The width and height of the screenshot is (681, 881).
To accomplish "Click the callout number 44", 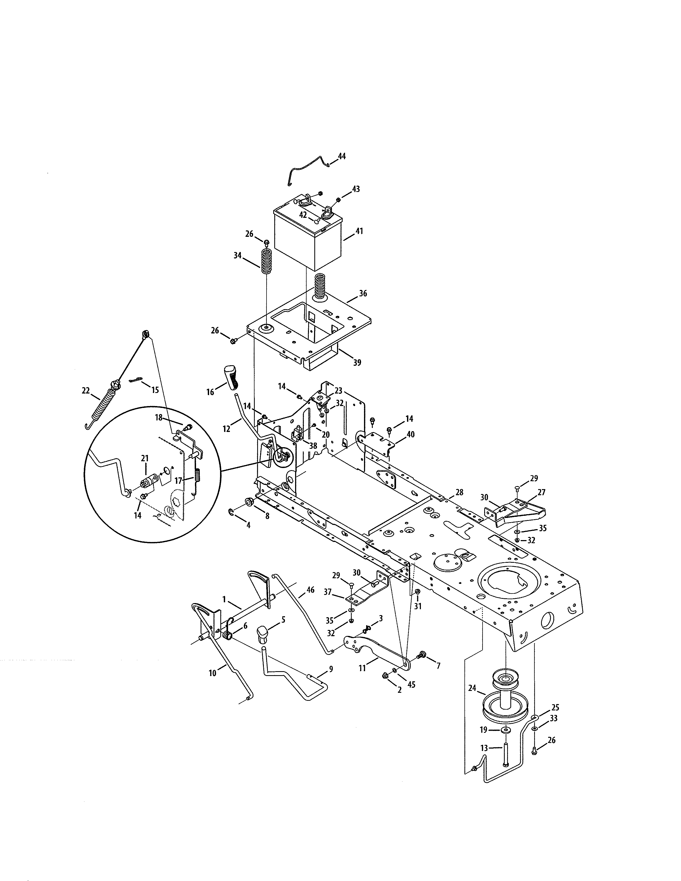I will pyautogui.click(x=342, y=156).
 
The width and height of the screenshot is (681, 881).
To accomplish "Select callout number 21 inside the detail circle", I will pyautogui.click(x=145, y=458).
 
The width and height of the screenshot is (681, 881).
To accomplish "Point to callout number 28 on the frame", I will pyautogui.click(x=459, y=492).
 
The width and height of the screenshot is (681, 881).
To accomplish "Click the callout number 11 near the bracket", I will pyautogui.click(x=362, y=668).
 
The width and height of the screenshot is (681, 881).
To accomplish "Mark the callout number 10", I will pyautogui.click(x=212, y=672).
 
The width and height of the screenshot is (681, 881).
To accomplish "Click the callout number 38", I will pyautogui.click(x=313, y=446).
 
